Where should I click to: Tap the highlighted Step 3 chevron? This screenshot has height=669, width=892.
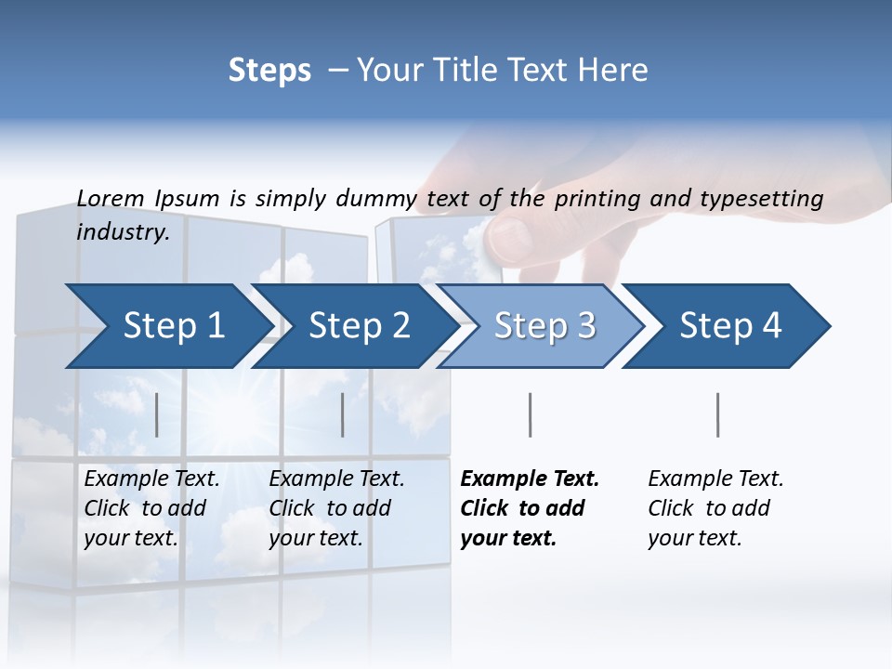(544, 325)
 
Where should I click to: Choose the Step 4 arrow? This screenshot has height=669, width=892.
(730, 325)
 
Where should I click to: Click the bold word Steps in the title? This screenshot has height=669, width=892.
(269, 70)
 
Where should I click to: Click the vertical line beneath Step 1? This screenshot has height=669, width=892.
(157, 414)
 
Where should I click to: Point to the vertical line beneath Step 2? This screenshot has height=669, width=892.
(343, 414)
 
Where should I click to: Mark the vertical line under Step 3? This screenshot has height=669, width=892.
(531, 414)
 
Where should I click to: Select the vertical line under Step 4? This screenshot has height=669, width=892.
(718, 414)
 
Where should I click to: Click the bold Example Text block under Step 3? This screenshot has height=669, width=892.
(530, 508)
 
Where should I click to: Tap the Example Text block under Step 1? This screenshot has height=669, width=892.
(151, 508)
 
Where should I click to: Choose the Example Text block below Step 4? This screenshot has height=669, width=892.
(715, 508)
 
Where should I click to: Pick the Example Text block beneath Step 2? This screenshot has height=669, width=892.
(336, 508)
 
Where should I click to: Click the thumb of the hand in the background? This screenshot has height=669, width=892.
(511, 237)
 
